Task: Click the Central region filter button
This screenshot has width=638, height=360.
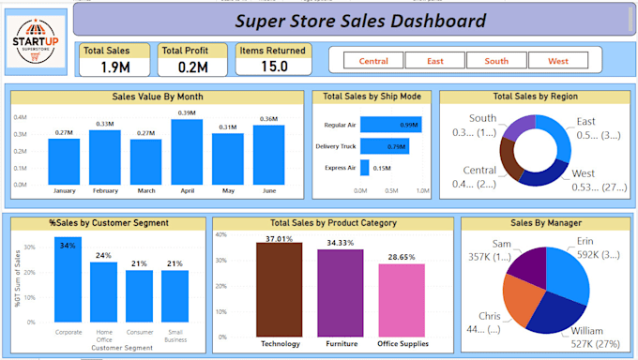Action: (x=373, y=61)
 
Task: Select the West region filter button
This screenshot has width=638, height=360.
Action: (x=557, y=61)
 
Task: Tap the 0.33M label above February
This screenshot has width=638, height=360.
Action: (x=105, y=124)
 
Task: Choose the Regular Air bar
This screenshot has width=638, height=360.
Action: (x=390, y=125)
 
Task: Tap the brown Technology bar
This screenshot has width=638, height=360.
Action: (x=279, y=290)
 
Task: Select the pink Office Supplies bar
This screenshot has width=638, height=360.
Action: (x=402, y=300)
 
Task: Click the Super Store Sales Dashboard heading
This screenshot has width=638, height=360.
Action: (x=360, y=21)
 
